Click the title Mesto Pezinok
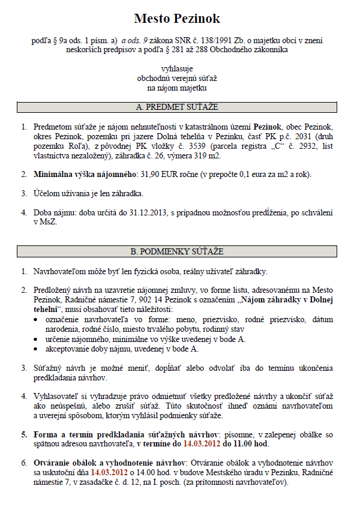[x=177, y=19]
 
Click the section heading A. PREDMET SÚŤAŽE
[x=177, y=107]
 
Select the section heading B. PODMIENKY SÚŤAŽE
[x=177, y=250]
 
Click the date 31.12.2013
[x=146, y=214]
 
